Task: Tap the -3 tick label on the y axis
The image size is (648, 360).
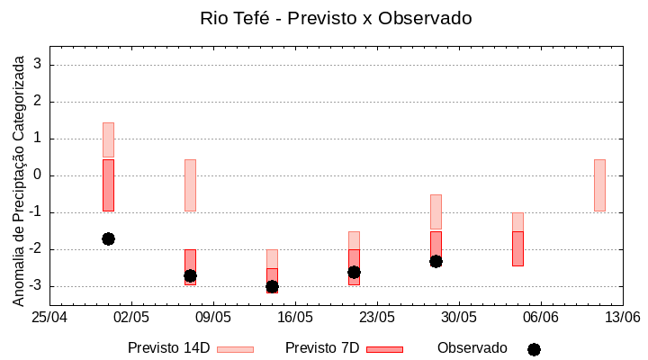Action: tap(37, 286)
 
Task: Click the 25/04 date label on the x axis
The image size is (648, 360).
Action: tap(49, 317)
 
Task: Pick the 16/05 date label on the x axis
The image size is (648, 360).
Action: tap(295, 317)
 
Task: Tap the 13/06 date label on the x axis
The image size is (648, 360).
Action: tap(622, 317)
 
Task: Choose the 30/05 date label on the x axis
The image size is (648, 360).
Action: tap(459, 317)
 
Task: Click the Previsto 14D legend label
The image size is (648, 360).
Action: tap(168, 348)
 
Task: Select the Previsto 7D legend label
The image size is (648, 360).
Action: tap(322, 348)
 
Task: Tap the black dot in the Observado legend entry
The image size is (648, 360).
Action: tap(534, 349)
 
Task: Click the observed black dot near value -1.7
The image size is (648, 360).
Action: tap(108, 238)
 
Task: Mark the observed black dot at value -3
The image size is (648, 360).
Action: tap(272, 286)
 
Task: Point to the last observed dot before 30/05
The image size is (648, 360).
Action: tap(436, 261)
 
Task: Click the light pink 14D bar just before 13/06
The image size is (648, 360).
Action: tap(599, 184)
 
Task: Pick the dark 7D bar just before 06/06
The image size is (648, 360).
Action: tap(517, 248)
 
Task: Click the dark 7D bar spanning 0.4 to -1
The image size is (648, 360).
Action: tap(108, 184)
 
